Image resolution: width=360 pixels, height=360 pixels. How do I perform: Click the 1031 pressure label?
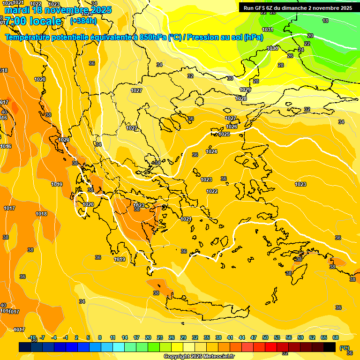(x=268, y=30)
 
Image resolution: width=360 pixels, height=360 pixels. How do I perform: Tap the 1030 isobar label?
(x=272, y=48)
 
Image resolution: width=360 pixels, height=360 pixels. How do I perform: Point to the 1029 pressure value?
(x=245, y=90)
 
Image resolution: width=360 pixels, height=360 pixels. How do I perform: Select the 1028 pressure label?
(x=241, y=98)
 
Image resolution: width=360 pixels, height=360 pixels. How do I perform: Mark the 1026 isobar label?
(x=232, y=127)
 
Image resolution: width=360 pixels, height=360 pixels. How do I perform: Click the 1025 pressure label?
(x=225, y=134)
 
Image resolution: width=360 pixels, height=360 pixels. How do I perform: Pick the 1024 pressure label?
(x=212, y=151)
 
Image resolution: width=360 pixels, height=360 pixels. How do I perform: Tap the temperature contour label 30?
(x=230, y=78)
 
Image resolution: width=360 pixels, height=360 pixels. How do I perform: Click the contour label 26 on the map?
(x=290, y=56)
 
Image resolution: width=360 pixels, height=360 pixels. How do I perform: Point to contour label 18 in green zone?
(x=325, y=21)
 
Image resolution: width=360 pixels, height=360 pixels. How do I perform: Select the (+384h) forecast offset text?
(x=83, y=21)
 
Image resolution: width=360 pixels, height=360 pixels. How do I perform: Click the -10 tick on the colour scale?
(x=32, y=337)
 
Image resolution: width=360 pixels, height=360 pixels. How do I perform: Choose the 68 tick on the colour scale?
(x=336, y=337)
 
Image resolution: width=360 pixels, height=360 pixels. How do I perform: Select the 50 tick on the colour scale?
(x=265, y=337)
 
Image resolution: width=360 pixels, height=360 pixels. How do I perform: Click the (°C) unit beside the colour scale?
(x=344, y=347)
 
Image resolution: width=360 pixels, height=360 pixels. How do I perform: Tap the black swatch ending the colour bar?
(x=330, y=347)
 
